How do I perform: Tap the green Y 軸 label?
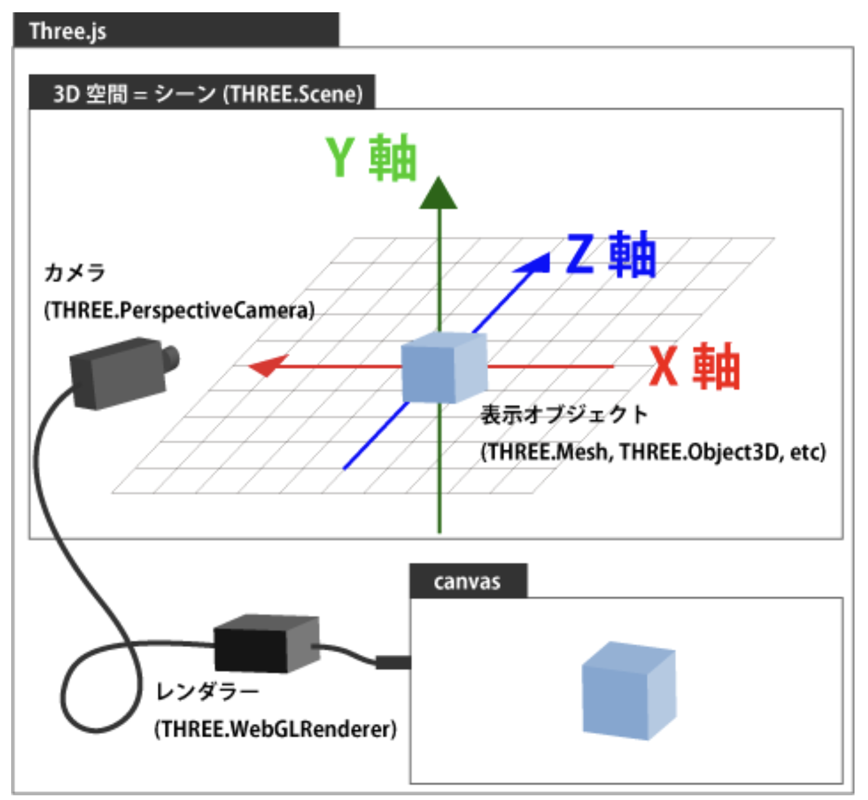tap(371, 158)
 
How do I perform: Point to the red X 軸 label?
tap(695, 367)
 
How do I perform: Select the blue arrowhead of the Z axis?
tap(535, 264)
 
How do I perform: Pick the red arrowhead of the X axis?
tap(267, 366)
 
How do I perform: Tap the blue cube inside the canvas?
tap(628, 691)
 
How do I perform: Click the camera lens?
tap(170, 358)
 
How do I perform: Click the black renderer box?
tap(266, 644)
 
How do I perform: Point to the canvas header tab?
tap(468, 582)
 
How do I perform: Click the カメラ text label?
tap(74, 273)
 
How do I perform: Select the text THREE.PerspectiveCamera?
tap(179, 310)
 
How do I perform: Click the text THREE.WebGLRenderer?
tap(275, 729)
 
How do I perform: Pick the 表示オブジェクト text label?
tap(564, 415)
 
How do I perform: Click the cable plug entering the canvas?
tap(392, 662)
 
